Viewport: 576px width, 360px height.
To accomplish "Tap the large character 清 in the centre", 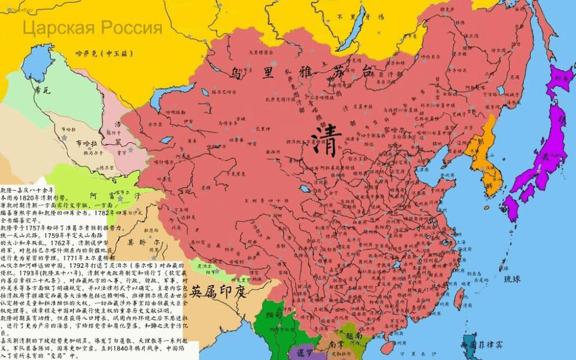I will point(326,139).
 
